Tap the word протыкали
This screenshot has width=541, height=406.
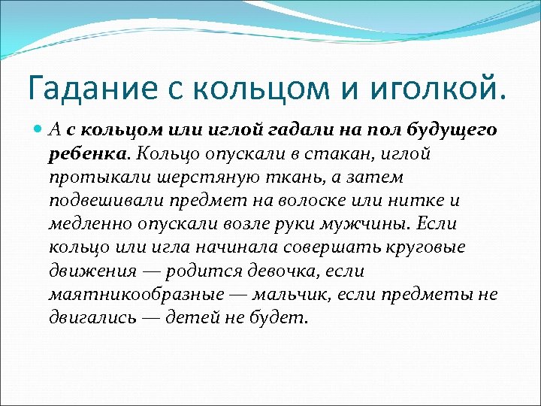click(x=91, y=177)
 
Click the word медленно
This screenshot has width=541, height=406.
click(x=87, y=224)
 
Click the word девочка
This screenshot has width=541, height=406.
click(x=269, y=271)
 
